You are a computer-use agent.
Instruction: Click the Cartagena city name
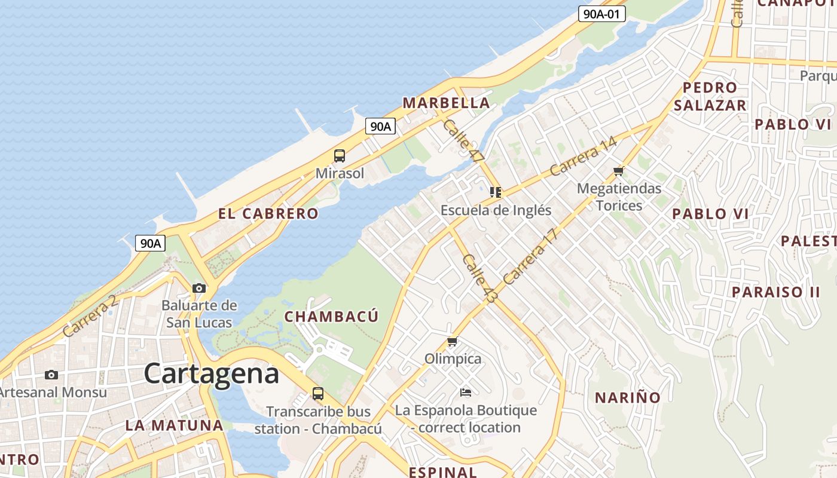click(x=211, y=374)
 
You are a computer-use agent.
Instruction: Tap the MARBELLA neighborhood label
click(x=446, y=103)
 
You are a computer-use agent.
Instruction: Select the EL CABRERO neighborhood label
click(x=268, y=214)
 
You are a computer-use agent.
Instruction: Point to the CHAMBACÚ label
click(x=331, y=317)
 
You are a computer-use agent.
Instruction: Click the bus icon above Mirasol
click(x=340, y=156)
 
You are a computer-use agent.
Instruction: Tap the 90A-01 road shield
click(x=601, y=14)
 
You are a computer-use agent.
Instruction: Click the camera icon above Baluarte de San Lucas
click(x=199, y=288)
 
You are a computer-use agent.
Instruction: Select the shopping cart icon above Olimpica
click(x=453, y=342)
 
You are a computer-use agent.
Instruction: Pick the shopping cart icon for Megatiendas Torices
click(x=619, y=171)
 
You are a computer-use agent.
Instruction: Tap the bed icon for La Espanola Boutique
click(x=466, y=393)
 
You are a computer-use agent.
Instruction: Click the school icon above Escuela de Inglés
click(x=495, y=192)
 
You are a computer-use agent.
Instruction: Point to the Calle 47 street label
click(x=463, y=141)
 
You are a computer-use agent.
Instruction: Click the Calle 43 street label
click(x=479, y=278)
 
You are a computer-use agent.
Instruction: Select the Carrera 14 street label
click(x=583, y=156)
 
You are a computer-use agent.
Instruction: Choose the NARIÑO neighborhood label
click(x=628, y=397)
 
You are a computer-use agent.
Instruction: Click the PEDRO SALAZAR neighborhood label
click(x=710, y=97)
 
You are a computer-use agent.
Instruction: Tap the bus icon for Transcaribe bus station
click(x=318, y=394)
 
